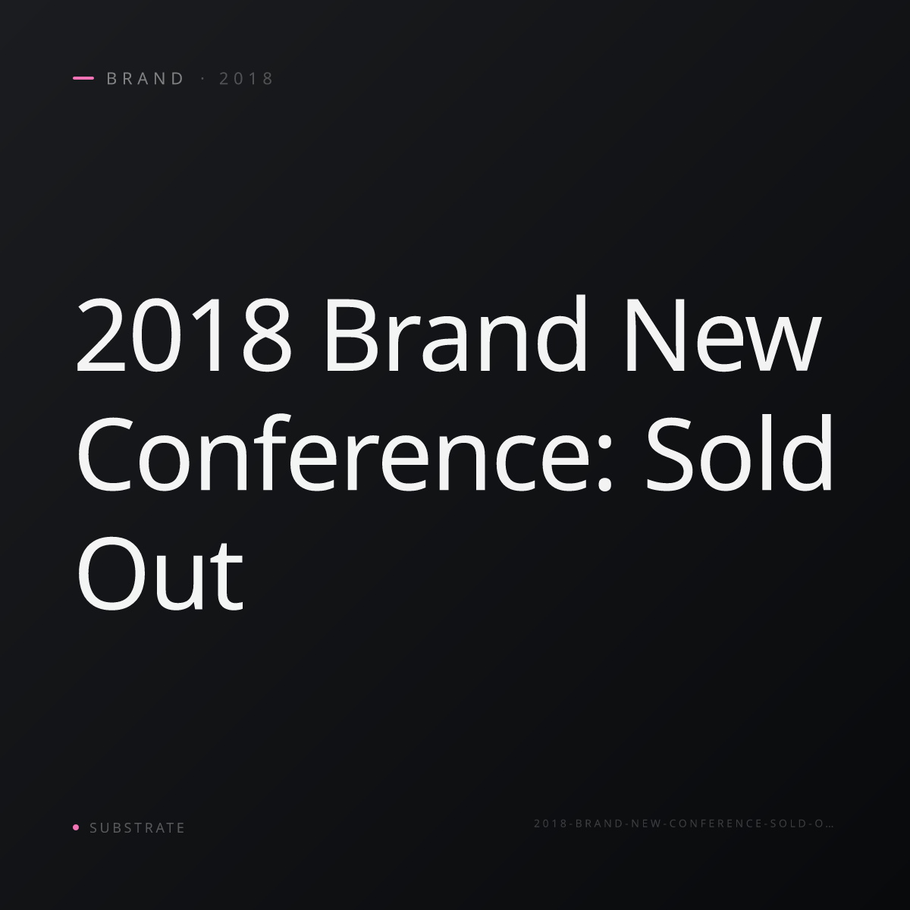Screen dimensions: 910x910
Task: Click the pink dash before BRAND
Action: [x=83, y=78]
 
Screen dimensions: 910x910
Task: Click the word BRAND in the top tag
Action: [x=145, y=78]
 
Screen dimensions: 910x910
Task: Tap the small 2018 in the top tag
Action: [x=246, y=78]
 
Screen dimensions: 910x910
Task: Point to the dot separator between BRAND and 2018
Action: [x=203, y=78]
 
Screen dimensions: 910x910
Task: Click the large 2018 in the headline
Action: [x=184, y=334]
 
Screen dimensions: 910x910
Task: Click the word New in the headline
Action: [x=723, y=334]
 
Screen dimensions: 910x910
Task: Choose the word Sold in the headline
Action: [x=739, y=452]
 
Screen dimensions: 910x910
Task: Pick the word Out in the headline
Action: [x=160, y=574]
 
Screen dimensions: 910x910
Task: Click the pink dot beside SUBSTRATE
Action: [x=76, y=827]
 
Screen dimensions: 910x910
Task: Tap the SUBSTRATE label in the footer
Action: [x=137, y=827]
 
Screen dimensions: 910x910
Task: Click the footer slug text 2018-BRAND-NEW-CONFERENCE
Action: [x=648, y=823]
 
